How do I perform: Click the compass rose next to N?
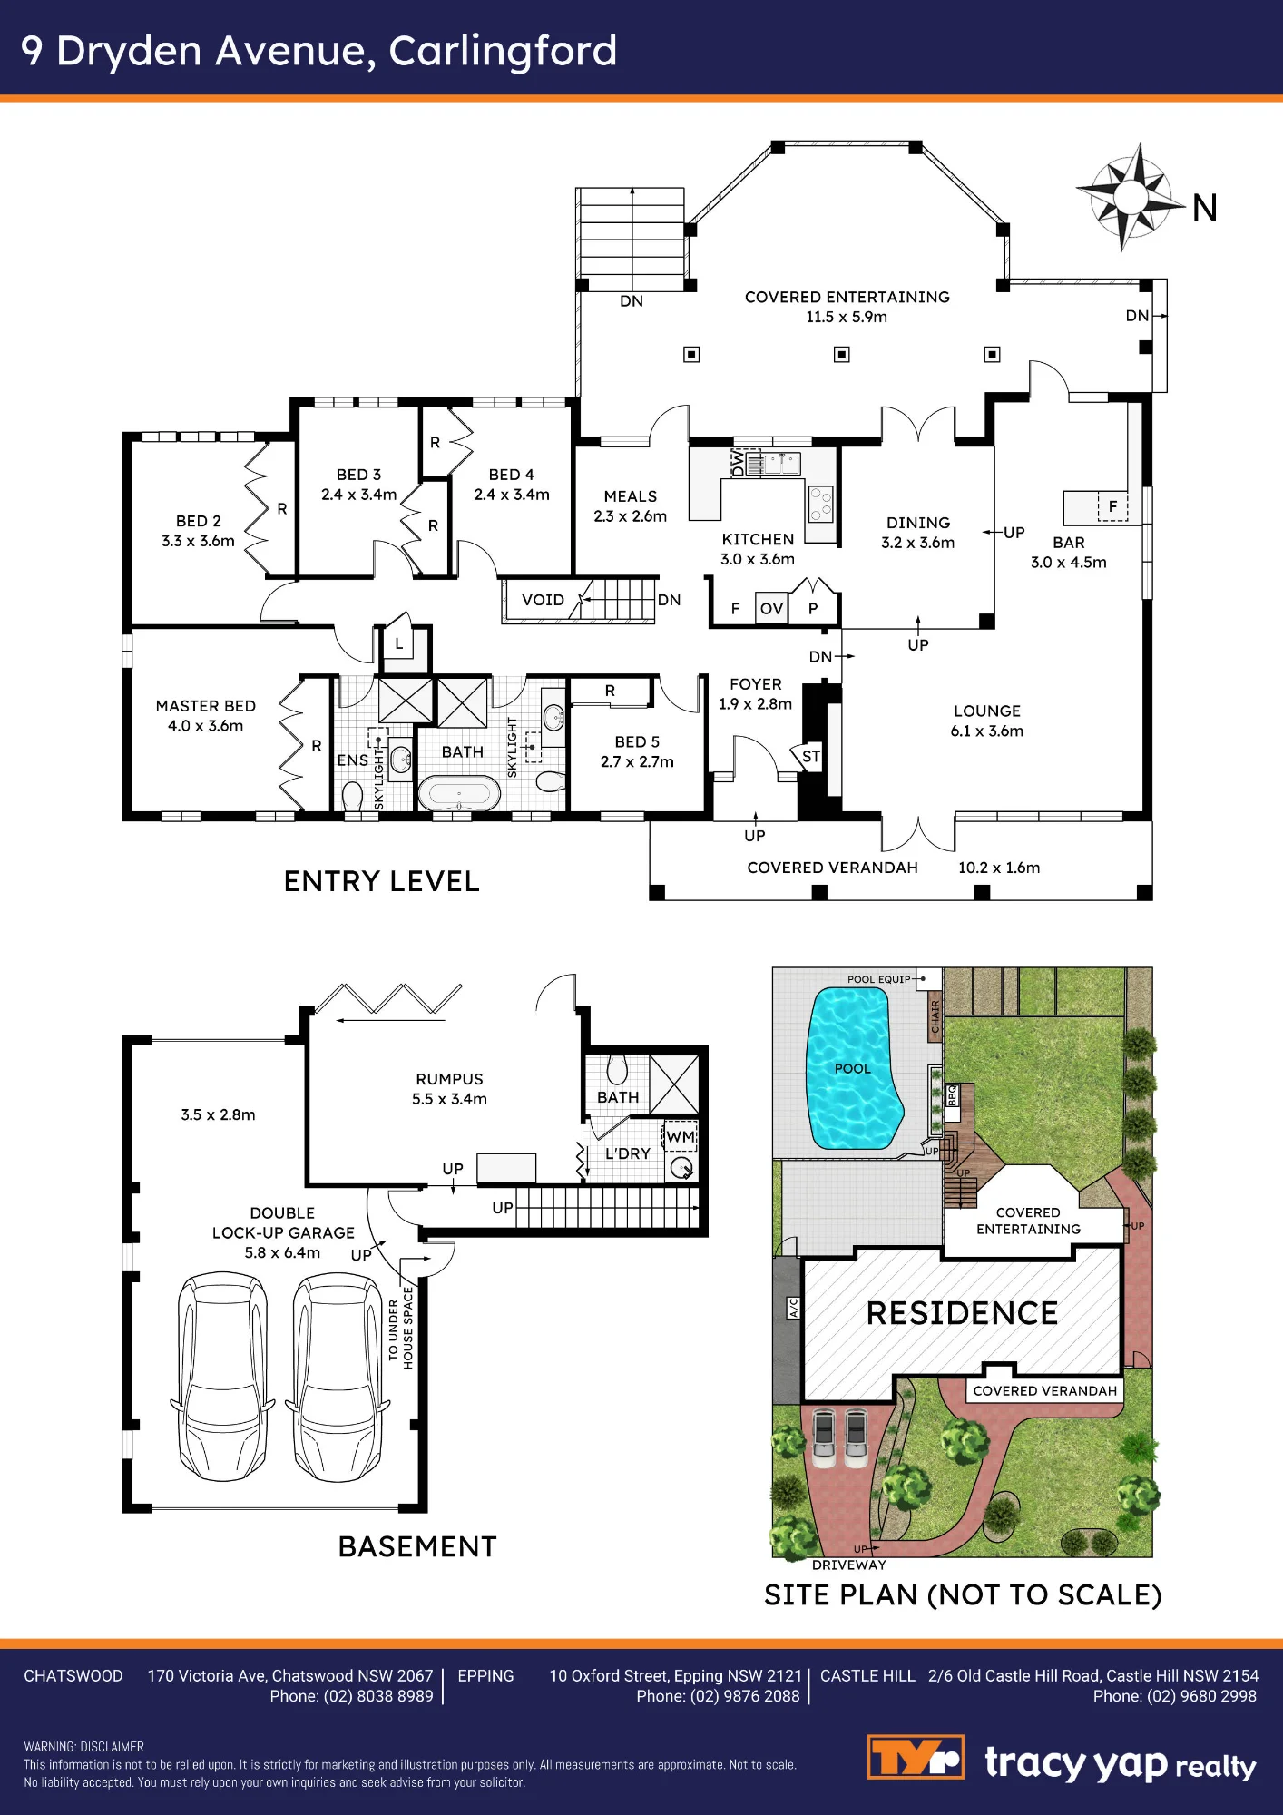click(x=1131, y=196)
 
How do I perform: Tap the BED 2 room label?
click(x=199, y=521)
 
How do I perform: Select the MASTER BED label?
click(x=206, y=706)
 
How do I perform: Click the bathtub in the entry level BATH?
click(x=459, y=793)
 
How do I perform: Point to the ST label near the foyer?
click(x=810, y=756)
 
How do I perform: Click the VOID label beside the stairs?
click(x=543, y=600)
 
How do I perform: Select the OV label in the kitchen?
click(x=772, y=608)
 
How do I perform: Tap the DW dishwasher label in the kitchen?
click(x=739, y=464)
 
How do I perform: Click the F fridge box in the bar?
click(x=1113, y=506)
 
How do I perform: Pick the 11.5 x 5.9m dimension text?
click(x=847, y=317)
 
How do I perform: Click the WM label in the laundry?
click(x=681, y=1137)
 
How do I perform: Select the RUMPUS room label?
click(x=449, y=1079)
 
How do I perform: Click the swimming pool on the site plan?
click(x=853, y=1068)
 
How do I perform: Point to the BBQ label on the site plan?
click(x=952, y=1095)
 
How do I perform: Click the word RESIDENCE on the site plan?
click(x=962, y=1313)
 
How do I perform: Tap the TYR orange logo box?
click(x=916, y=1758)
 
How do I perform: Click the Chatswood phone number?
click(x=351, y=1696)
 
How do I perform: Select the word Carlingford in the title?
click(x=503, y=51)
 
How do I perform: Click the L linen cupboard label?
click(x=398, y=644)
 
